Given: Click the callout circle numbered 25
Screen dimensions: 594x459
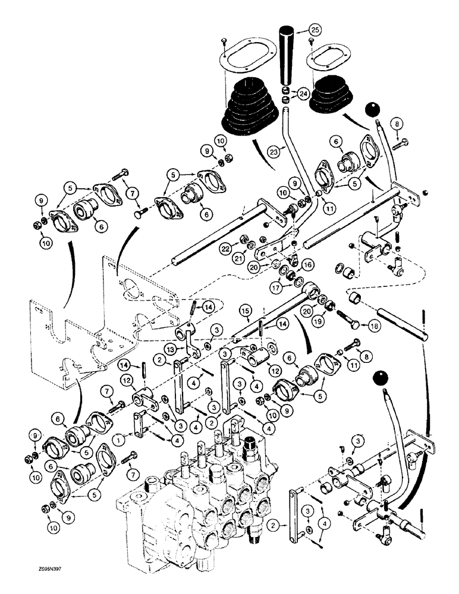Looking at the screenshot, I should coord(315,30).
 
